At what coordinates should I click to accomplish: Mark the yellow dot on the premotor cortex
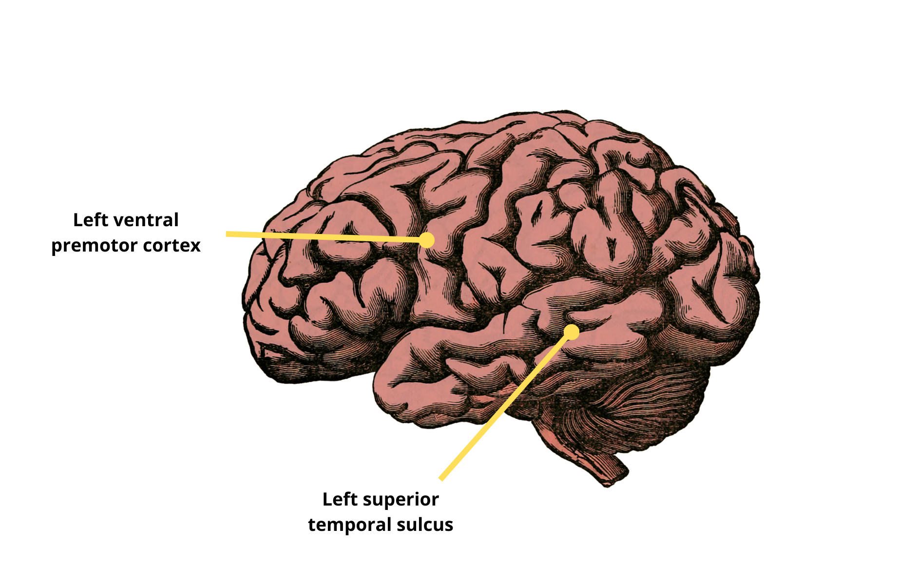(427, 240)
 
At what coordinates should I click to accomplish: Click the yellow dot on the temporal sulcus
(572, 332)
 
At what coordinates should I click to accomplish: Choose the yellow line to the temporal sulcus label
(505, 406)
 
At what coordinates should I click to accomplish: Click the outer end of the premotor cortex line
(227, 234)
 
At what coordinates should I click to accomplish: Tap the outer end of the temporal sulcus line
(441, 478)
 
